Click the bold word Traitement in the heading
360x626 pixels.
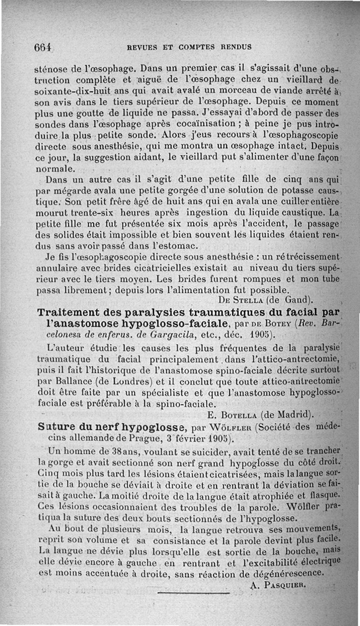[x=75, y=312]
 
